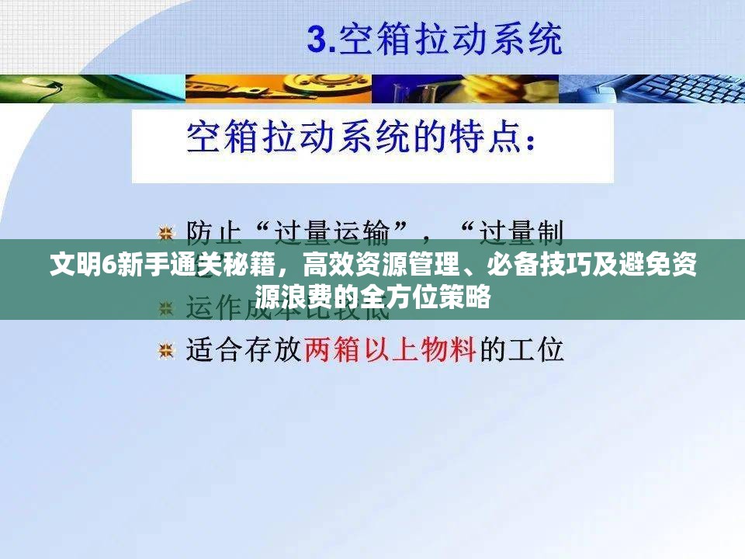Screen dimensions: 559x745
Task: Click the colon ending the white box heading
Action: pyautogui.click(x=530, y=142)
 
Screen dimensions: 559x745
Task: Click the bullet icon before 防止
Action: pyautogui.click(x=165, y=232)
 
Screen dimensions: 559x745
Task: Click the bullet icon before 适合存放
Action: pyautogui.click(x=165, y=351)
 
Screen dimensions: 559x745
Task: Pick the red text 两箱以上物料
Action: pyautogui.click(x=390, y=350)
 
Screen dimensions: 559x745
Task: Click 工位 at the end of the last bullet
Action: pyautogui.click(x=535, y=350)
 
